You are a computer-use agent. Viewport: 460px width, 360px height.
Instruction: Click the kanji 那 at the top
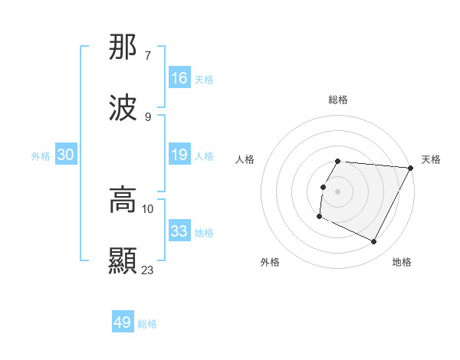[123, 48]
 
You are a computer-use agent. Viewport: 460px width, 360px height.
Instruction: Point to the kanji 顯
[123, 261]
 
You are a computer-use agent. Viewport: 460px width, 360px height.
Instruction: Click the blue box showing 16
[179, 78]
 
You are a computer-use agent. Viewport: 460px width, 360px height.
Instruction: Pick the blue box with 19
[179, 155]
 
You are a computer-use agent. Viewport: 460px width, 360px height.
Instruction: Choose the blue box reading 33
[179, 231]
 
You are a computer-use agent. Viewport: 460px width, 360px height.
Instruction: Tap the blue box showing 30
[66, 155]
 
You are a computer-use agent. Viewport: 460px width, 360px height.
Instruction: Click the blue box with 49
[123, 322]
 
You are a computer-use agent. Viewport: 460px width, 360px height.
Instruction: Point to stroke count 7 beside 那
[148, 55]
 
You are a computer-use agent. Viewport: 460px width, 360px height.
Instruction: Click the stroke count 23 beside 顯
[148, 270]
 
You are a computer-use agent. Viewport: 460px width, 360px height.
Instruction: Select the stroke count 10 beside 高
[148, 208]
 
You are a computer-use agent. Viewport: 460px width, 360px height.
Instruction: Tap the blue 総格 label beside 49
[147, 324]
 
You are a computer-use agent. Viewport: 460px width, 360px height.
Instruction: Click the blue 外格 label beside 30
[41, 156]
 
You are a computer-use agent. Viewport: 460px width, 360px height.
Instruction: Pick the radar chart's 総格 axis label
[337, 100]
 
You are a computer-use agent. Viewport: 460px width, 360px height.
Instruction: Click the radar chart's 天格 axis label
[431, 159]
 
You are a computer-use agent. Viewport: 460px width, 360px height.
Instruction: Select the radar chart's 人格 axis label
[245, 159]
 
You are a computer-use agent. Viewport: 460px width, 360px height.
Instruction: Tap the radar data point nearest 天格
[411, 168]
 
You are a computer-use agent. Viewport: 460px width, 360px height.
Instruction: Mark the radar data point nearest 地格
[374, 242]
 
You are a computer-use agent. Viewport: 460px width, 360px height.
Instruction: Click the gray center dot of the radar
[337, 191]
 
